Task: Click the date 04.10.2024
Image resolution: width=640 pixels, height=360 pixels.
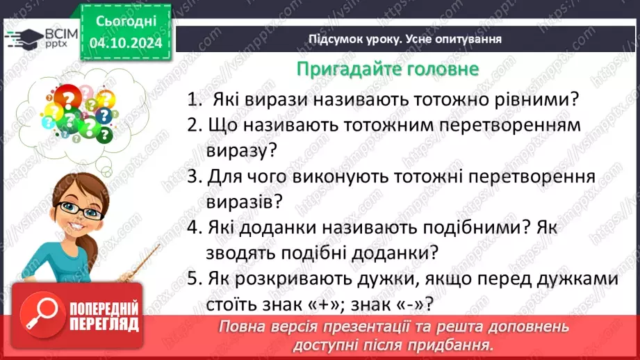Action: click(x=126, y=43)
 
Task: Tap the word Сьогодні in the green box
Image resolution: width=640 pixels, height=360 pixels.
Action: click(x=126, y=22)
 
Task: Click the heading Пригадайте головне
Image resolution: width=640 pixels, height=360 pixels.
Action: click(x=387, y=69)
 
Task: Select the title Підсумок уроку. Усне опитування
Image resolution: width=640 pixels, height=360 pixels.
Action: click(x=405, y=39)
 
